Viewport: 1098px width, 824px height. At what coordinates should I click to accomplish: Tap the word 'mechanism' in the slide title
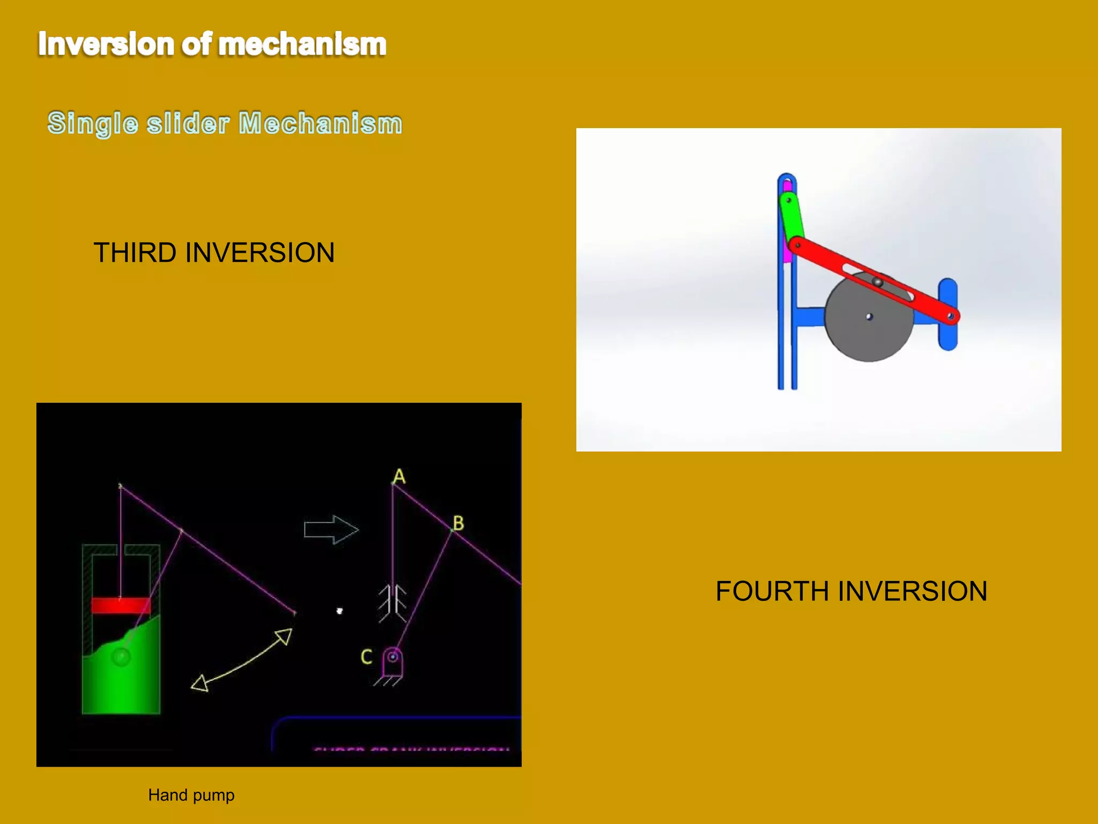(302, 44)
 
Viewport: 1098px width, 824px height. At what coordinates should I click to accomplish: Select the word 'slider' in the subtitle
(188, 123)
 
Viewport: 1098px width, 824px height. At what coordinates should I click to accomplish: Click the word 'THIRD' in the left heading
(135, 253)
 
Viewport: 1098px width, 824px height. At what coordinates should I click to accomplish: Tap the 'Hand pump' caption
(191, 794)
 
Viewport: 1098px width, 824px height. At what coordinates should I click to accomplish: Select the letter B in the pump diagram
(458, 523)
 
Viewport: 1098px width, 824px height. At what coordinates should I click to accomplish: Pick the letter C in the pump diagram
(366, 657)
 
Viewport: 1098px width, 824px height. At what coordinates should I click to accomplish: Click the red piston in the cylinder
(121, 605)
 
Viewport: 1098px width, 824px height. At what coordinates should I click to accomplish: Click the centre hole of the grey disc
(870, 317)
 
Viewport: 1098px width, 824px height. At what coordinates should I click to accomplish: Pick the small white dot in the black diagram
(339, 610)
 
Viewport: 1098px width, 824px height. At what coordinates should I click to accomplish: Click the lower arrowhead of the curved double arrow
(200, 683)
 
